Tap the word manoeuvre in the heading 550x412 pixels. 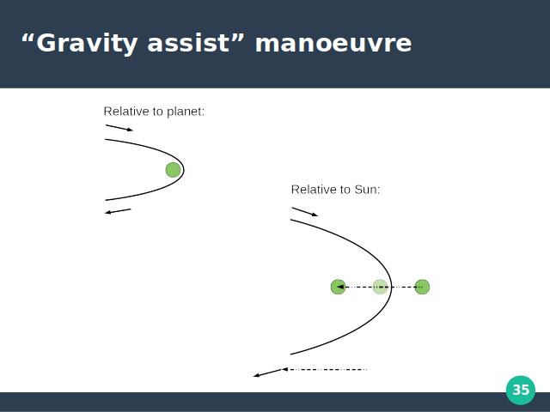333,44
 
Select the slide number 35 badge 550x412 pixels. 521,390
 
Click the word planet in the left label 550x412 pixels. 186,112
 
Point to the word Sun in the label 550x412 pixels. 367,190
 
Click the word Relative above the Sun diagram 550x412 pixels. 313,190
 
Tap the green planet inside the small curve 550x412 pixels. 173,170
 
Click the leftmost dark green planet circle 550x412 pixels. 338,287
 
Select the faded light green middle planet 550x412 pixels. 380,287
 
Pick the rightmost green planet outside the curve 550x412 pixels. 422,287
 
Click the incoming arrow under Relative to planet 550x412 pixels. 119,128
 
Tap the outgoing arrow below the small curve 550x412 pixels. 118,211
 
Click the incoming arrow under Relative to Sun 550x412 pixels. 305,212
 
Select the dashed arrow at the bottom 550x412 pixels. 325,369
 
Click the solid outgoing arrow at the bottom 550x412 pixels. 267,373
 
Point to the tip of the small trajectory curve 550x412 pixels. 183,170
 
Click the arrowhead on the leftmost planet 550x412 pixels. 339,287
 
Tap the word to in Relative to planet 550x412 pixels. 158,112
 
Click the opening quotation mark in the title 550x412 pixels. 28,37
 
